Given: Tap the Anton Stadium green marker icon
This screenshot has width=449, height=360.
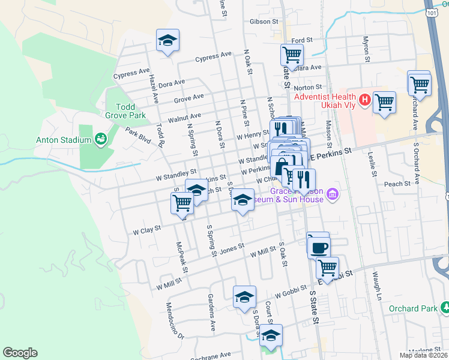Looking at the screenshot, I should click(x=101, y=140).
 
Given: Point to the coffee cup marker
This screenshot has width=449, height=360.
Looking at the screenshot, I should click(x=319, y=247).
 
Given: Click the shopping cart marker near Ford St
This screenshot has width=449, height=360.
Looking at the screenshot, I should click(x=292, y=55).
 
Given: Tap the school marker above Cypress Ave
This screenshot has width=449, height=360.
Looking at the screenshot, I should click(x=167, y=41).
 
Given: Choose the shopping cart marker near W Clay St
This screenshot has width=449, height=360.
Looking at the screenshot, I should click(x=182, y=203).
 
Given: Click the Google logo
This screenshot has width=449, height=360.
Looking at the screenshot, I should click(x=20, y=353).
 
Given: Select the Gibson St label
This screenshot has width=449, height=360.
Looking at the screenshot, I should click(x=264, y=22).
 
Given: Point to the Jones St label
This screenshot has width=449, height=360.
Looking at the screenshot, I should click(x=233, y=250).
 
